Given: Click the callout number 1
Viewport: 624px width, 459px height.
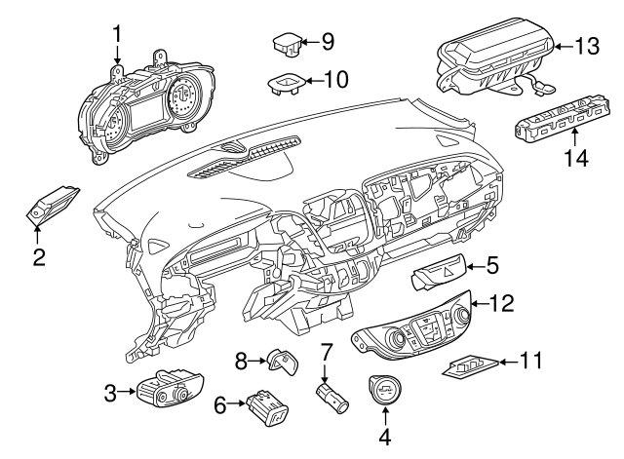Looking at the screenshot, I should click(x=117, y=34).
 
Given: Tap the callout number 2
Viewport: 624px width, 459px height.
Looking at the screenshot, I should click(x=39, y=257).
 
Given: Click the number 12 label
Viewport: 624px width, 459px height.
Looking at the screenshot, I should click(x=499, y=305).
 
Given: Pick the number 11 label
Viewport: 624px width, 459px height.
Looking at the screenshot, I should click(x=529, y=362).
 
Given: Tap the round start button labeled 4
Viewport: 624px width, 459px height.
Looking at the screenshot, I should click(x=384, y=392).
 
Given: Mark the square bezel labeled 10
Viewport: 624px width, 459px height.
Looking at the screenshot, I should click(x=283, y=82).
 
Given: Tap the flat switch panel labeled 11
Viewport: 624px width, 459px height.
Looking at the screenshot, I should click(x=470, y=365).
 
